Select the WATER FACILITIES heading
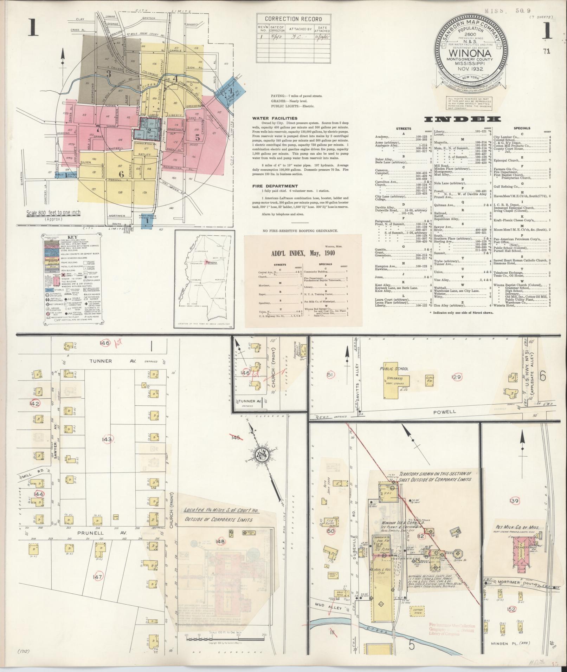(x=275, y=118)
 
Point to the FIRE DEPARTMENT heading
(x=275, y=186)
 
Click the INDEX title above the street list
(x=462, y=119)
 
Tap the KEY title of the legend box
(x=72, y=237)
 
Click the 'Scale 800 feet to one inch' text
(x=53, y=213)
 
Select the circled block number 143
(x=107, y=439)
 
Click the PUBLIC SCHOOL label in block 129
(x=394, y=369)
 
